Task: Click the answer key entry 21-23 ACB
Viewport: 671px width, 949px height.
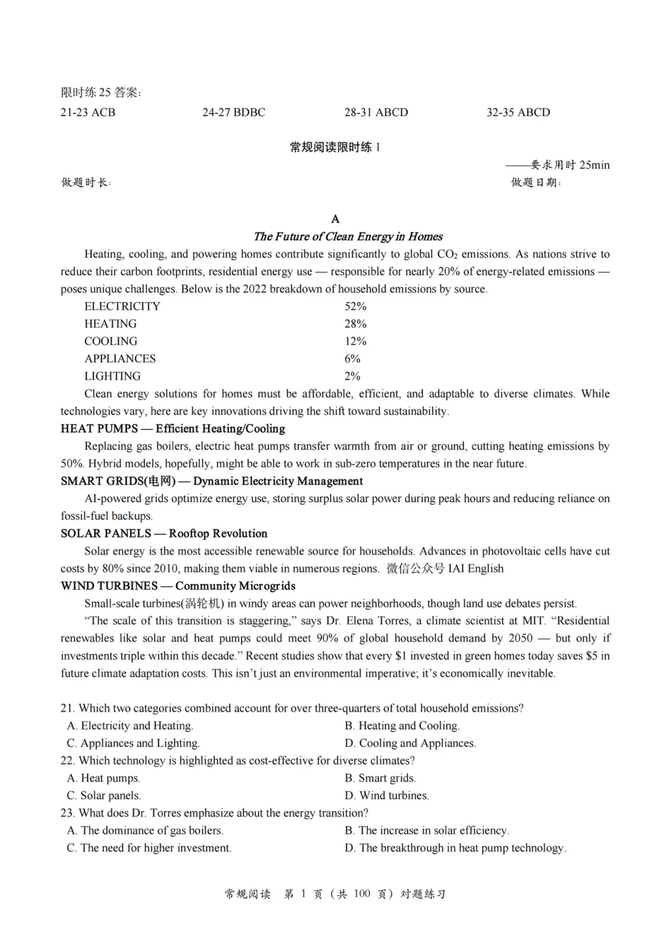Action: point(88,112)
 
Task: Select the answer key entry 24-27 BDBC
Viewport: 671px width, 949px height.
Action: point(234,112)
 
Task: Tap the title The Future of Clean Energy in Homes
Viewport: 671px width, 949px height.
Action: point(348,236)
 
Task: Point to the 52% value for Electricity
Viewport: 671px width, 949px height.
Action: point(355,306)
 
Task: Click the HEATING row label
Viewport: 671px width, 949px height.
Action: point(111,324)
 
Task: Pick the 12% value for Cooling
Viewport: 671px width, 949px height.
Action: point(355,341)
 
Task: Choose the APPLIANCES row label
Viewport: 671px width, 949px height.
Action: point(120,359)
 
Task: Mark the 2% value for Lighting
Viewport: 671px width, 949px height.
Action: point(352,376)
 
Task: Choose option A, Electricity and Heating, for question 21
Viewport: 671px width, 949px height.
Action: point(130,726)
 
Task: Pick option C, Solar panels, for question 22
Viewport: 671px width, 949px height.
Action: point(104,795)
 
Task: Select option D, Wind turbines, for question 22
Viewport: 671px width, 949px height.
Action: point(386,795)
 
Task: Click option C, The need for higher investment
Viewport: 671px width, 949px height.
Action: point(149,848)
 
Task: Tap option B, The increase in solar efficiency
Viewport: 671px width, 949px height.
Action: point(427,830)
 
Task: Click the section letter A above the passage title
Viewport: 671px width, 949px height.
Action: point(335,219)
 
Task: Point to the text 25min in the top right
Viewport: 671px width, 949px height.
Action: point(595,165)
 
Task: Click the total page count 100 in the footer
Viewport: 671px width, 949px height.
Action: point(362,894)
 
